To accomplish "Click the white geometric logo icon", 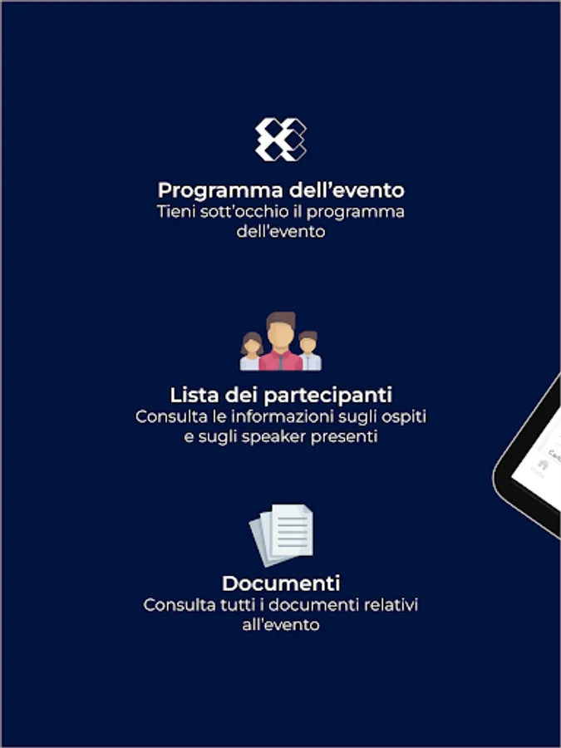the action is pos(281,140).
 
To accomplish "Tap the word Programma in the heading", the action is pos(220,190).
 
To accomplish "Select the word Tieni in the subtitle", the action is pos(174,211).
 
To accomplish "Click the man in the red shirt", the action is pos(281,341).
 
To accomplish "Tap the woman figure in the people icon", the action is pos(251,351).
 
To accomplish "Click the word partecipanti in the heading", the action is pos(328,396).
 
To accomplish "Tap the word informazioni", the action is pos(282,416).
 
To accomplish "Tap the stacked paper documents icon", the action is pos(282,534).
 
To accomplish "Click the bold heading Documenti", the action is pos(281,583).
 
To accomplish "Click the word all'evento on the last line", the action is pos(281,625).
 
